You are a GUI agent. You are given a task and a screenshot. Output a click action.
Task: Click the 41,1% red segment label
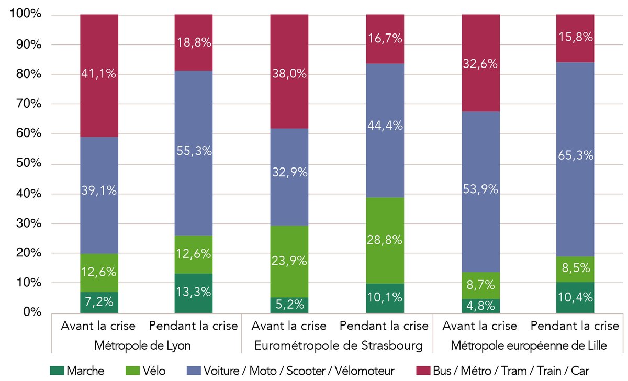[99, 74]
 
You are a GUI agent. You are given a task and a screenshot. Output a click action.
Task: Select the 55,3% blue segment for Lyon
[194, 151]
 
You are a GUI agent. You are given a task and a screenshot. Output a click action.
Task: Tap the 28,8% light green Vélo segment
[385, 240]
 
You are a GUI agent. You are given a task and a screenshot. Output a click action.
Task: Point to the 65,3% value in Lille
[575, 155]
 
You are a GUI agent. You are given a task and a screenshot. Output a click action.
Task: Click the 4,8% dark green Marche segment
[480, 306]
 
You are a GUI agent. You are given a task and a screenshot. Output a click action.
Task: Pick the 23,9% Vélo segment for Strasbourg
[289, 261]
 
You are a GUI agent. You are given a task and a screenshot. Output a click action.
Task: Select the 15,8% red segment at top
[575, 38]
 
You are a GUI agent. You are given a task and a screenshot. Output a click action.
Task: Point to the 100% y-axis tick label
[26, 15]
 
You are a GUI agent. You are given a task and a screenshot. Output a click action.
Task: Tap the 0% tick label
[31, 312]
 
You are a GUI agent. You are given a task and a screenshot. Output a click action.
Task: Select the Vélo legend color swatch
[133, 371]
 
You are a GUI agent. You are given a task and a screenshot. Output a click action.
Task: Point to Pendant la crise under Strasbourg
[384, 326]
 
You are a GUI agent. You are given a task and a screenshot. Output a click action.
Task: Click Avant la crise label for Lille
[480, 326]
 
